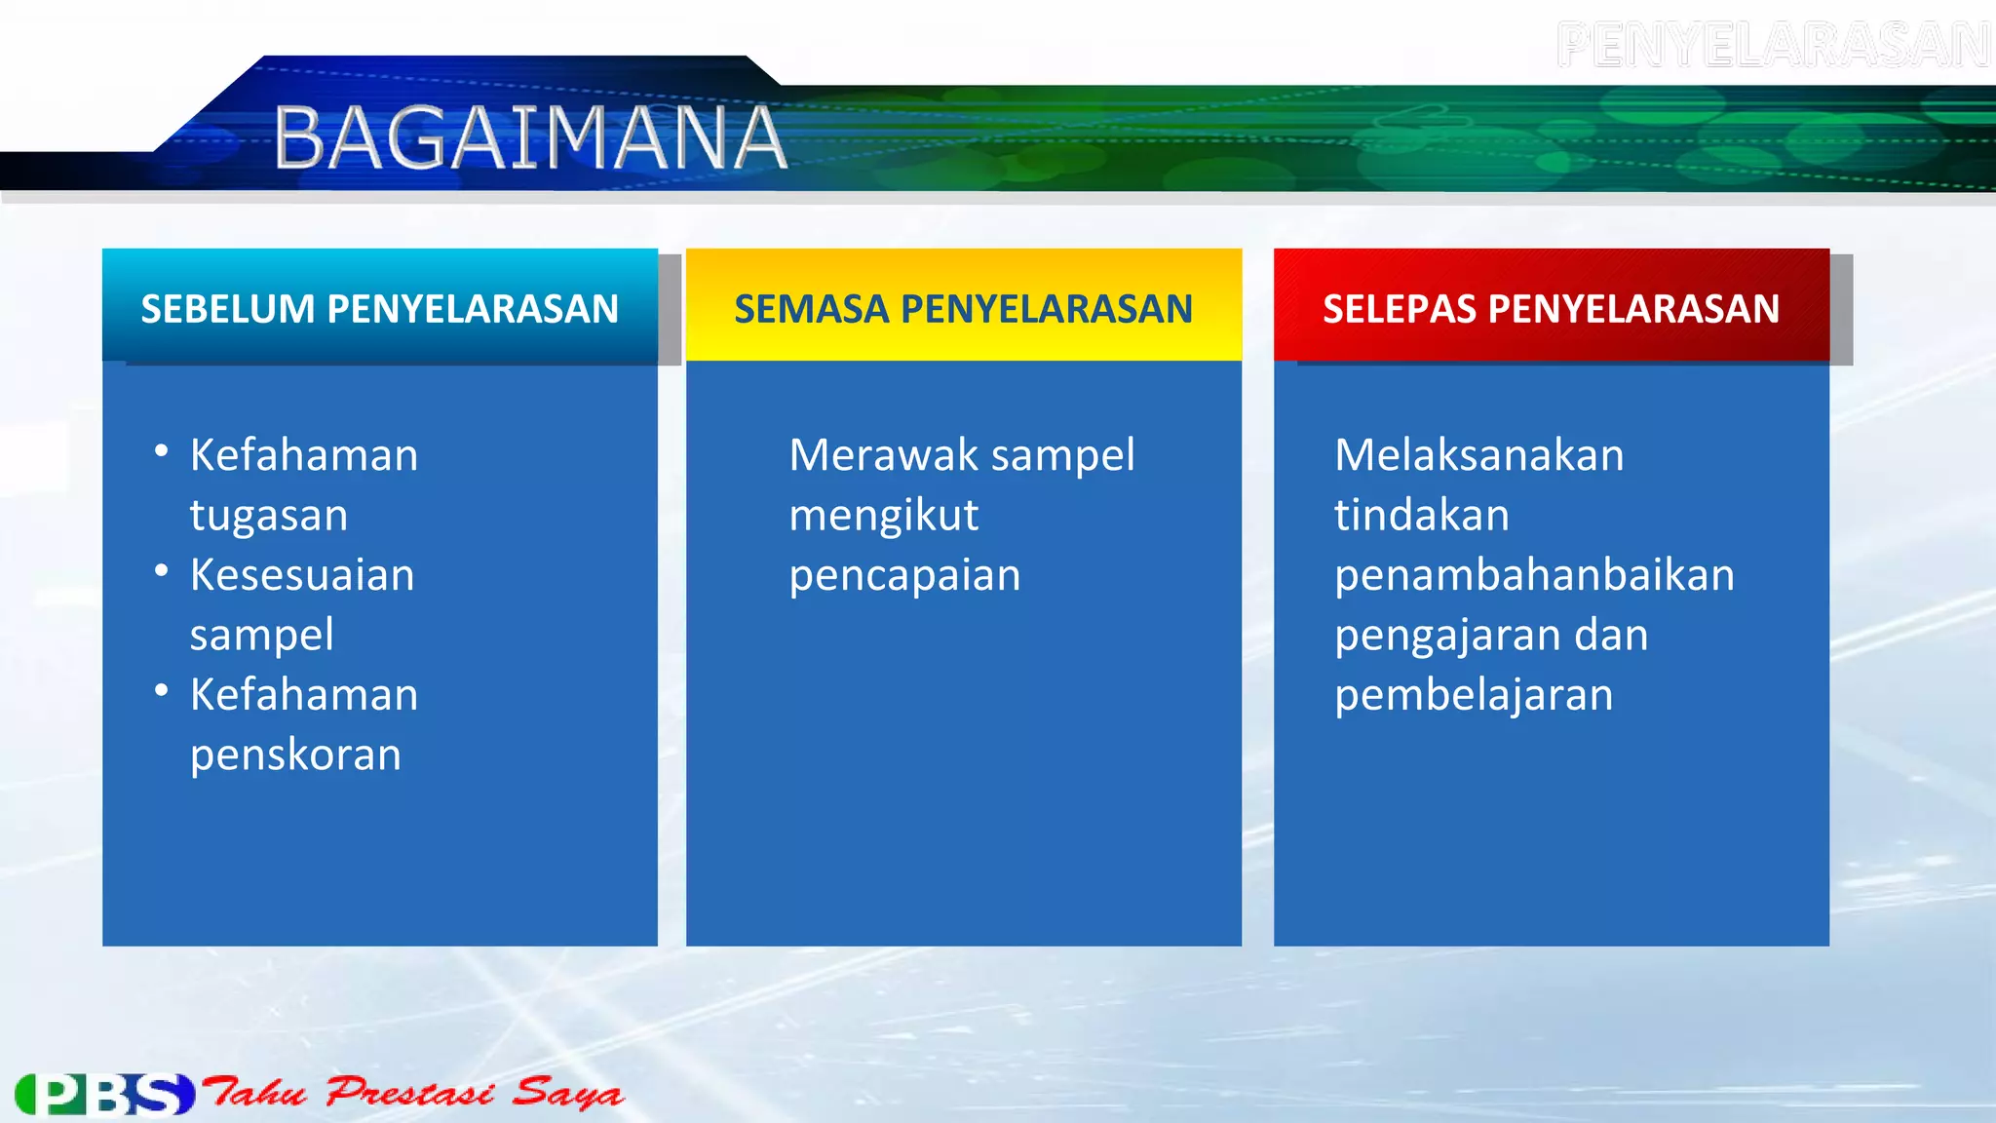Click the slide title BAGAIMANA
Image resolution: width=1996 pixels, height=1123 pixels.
point(530,137)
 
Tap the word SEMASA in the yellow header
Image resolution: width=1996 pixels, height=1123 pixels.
point(812,309)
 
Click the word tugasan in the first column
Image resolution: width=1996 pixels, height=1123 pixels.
point(269,516)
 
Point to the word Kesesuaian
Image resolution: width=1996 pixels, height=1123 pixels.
point(302,575)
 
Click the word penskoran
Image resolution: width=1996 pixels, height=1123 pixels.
point(295,755)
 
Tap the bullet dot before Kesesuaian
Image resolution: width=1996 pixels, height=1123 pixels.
point(162,570)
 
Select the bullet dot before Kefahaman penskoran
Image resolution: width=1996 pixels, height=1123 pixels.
point(162,690)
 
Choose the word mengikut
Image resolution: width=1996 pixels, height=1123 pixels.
point(883,516)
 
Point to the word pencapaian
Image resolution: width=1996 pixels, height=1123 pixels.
point(904,576)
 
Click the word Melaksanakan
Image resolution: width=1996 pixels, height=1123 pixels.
point(1478,455)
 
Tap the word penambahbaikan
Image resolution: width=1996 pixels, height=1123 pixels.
point(1534,575)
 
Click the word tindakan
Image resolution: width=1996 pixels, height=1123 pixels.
point(1421,516)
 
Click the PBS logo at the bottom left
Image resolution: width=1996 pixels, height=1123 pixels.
point(105,1094)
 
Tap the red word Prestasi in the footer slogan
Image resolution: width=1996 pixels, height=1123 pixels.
point(409,1092)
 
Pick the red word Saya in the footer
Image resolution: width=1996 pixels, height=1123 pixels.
point(567,1093)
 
